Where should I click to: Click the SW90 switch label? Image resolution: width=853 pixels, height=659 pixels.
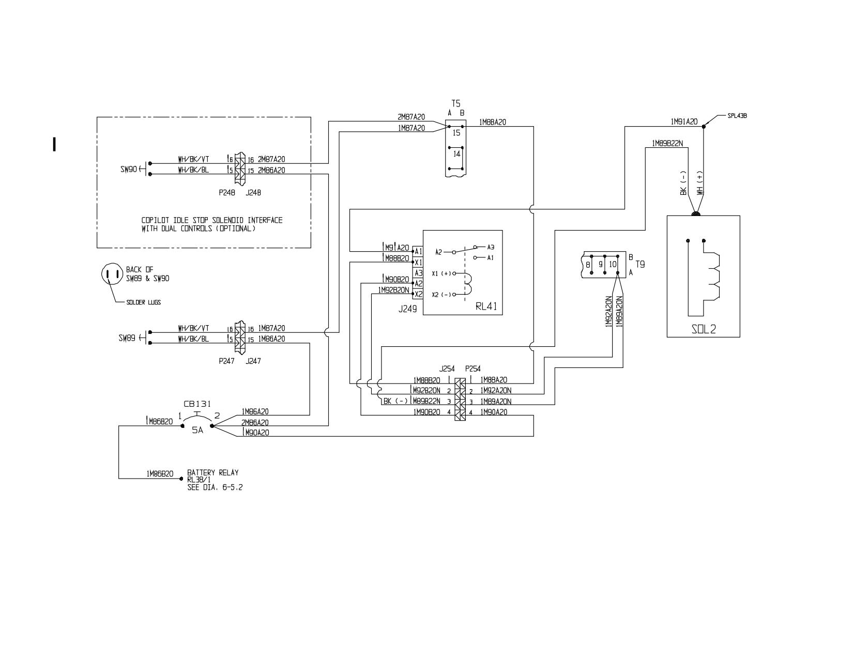pos(128,169)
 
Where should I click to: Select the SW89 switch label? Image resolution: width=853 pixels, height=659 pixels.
pos(127,338)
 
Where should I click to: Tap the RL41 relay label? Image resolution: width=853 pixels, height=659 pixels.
pos(486,306)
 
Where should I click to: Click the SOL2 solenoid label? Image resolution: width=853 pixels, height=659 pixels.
pos(704,329)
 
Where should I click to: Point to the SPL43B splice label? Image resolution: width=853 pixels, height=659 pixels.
pos(737,116)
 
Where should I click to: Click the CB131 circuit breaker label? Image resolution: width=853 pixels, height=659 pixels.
pos(197,404)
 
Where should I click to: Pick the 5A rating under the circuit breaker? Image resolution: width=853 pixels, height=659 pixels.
pos(197,430)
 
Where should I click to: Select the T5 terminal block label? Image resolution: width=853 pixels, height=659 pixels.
pos(456,103)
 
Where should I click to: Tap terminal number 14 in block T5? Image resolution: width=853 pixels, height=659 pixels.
pos(456,154)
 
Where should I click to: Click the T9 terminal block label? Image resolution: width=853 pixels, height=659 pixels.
pos(640,265)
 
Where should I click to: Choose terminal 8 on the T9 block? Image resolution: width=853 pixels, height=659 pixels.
pos(588,265)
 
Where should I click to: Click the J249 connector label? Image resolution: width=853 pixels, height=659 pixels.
pos(407,309)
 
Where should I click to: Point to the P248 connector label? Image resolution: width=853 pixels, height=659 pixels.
pos(227,193)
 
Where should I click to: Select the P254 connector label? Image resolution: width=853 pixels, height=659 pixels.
pos(473,369)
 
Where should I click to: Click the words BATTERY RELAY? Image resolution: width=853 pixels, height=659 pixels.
pos(213,472)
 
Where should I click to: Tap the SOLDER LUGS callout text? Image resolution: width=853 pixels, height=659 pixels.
pos(143,302)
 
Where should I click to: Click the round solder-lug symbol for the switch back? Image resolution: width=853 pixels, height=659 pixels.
pos(112,274)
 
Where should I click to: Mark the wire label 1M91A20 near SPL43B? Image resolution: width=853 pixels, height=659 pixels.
pos(684,121)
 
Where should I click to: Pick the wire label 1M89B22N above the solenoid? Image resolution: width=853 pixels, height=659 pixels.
pos(667,143)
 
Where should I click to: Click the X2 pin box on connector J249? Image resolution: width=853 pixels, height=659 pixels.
pos(418,294)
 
